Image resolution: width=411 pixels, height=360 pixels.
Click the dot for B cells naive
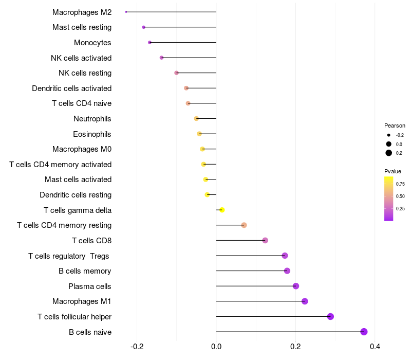tap(364, 332)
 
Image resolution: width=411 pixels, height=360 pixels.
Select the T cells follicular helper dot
tap(330, 316)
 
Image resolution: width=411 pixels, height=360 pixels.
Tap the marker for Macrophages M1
tap(305, 301)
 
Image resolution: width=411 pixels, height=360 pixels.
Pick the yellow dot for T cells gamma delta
tap(222, 210)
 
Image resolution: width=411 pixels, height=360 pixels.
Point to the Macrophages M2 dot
tap(126, 12)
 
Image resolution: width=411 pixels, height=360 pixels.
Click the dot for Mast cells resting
tap(144, 27)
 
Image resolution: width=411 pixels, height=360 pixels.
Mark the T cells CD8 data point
tap(265, 240)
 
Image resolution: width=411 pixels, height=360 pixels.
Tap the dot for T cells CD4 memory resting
tap(244, 225)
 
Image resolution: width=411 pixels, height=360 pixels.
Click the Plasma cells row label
tap(90, 286)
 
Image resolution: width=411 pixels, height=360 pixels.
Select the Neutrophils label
tap(92, 119)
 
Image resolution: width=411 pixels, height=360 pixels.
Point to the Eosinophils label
tap(92, 134)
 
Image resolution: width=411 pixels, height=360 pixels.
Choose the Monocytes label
tap(92, 43)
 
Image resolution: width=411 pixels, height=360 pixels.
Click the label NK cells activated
tap(81, 58)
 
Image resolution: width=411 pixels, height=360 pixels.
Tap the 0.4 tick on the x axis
tap(375, 347)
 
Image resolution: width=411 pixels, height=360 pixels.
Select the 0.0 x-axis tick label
tap(216, 347)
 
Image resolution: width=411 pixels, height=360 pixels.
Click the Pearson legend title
tap(395, 125)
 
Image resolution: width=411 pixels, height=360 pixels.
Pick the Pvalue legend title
tap(393, 171)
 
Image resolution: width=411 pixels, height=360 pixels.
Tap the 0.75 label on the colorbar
tap(401, 184)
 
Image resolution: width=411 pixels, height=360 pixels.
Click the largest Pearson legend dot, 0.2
tap(389, 153)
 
